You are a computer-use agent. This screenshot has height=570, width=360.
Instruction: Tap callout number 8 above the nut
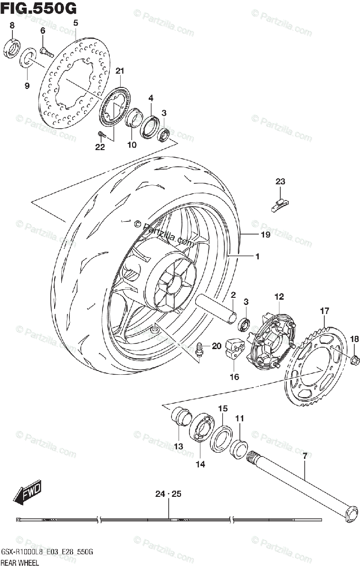pos(12,25)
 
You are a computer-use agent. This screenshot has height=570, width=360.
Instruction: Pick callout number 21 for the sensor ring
pos(119,71)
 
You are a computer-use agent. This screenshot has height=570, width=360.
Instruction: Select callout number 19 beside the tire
pos(265,235)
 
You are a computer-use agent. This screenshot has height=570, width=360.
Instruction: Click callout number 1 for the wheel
pos(257,256)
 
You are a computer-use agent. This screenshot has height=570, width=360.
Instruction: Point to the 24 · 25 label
pos(168,494)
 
